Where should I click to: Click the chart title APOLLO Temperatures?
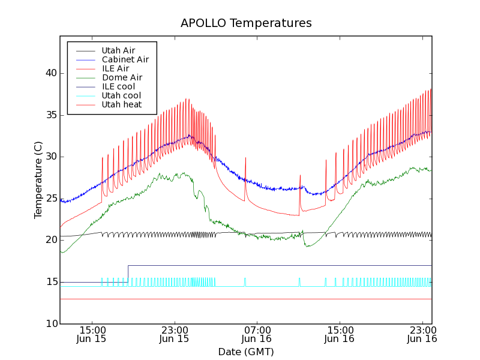(x=246, y=23)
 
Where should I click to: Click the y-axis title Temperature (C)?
(x=38, y=180)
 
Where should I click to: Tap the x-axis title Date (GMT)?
(x=246, y=352)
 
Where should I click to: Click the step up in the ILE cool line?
(x=128, y=274)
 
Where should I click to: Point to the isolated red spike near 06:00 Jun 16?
(x=245, y=160)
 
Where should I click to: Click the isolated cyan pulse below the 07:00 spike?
(x=245, y=281)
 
